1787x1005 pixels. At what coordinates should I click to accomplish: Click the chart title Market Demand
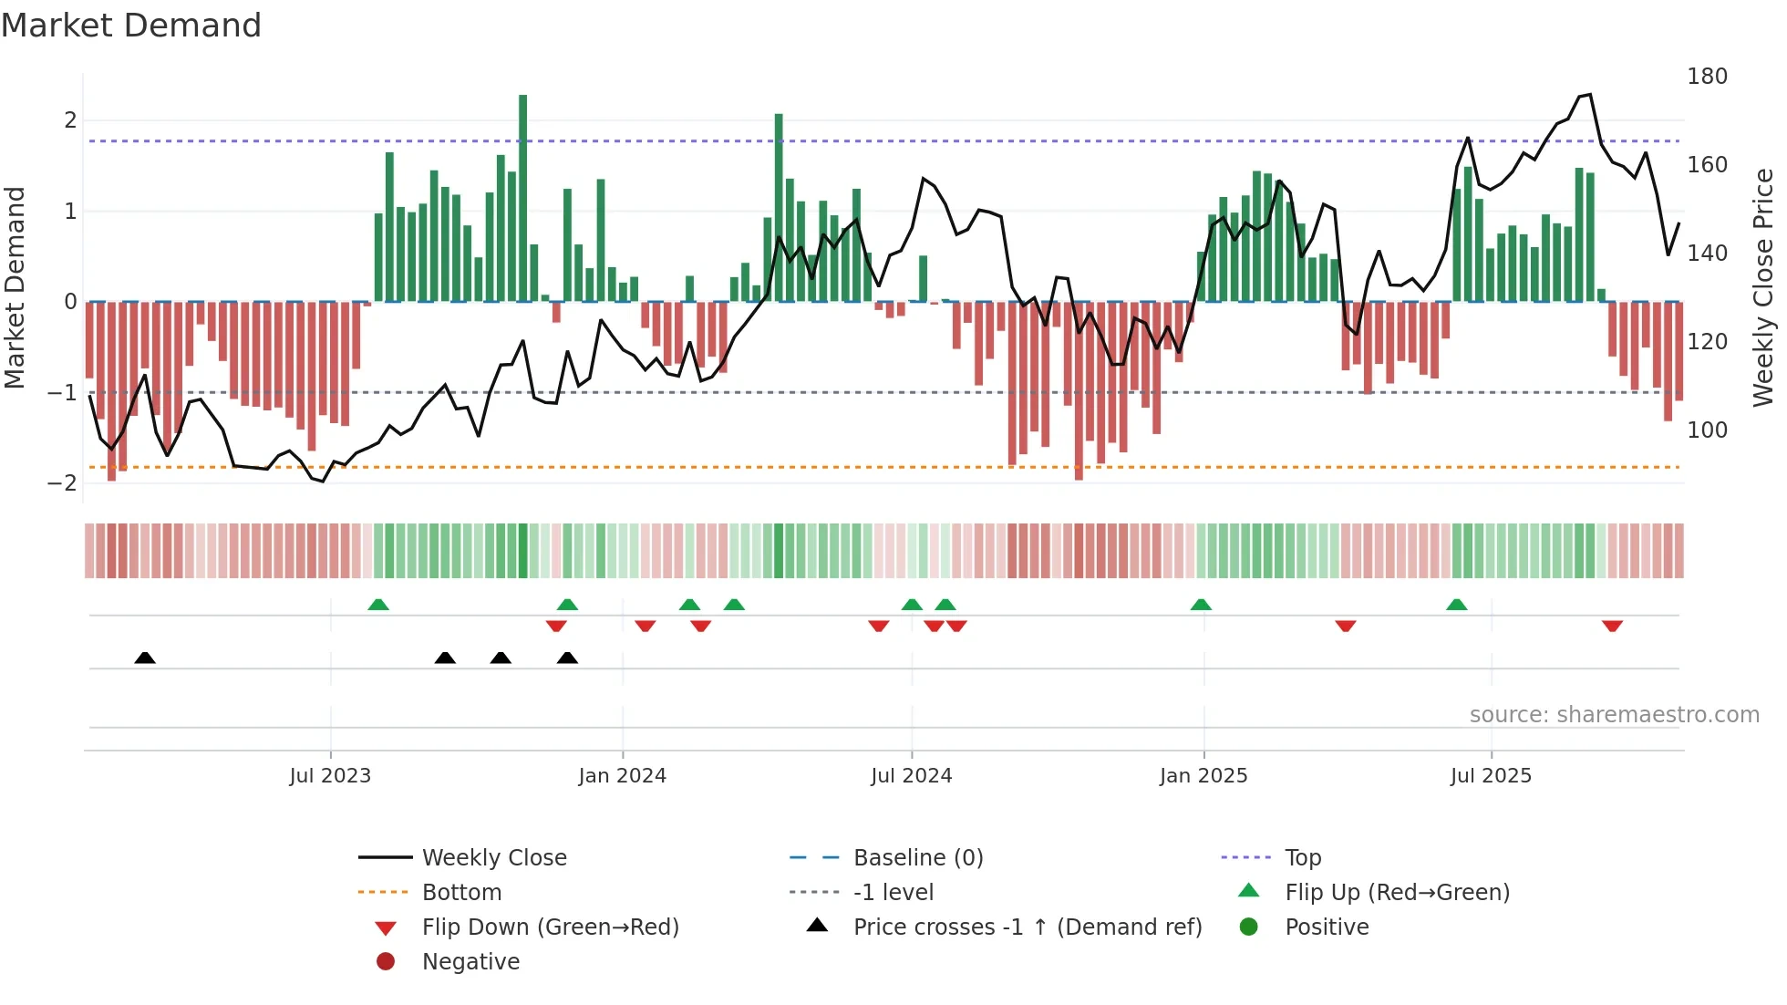click(x=131, y=26)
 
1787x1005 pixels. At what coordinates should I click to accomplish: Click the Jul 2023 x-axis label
click(x=330, y=776)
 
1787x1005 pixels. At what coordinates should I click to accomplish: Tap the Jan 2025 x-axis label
click(x=1203, y=776)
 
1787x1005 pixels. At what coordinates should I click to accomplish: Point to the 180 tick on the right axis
click(x=1707, y=77)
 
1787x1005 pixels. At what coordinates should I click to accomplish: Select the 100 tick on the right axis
click(x=1707, y=430)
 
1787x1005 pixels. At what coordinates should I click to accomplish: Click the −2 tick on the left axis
click(x=63, y=483)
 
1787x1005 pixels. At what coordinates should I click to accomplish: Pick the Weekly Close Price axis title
click(x=1763, y=287)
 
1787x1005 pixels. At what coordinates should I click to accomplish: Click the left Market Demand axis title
click(x=15, y=287)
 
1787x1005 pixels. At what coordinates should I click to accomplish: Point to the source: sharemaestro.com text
click(x=1614, y=715)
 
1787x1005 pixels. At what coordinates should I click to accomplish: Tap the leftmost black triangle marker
click(x=145, y=658)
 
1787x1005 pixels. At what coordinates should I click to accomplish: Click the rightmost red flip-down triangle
click(x=1612, y=626)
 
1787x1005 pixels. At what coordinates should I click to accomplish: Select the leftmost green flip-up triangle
click(x=378, y=605)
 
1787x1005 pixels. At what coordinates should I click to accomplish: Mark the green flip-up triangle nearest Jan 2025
click(x=1201, y=605)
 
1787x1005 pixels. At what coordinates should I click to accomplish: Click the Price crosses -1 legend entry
click(x=1027, y=927)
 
